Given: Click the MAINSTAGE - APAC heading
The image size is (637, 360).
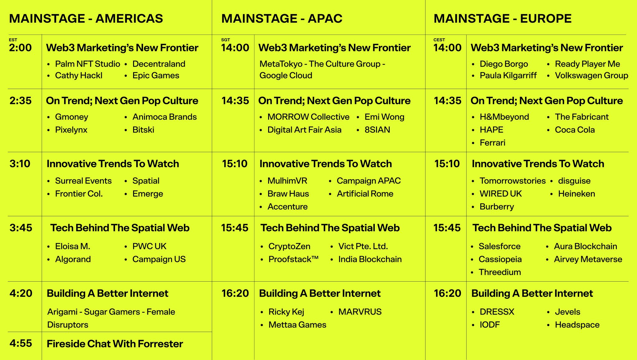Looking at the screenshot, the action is tap(282, 19).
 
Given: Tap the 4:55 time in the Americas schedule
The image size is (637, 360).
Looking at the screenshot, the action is tap(21, 343).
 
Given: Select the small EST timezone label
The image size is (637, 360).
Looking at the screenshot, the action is tap(13, 40).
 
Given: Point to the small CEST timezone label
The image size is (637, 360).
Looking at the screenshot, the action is tap(439, 40).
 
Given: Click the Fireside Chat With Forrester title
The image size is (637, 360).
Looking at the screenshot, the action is tap(115, 344).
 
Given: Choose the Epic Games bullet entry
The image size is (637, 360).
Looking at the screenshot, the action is tap(156, 76).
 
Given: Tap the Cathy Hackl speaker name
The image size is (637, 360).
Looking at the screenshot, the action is tap(79, 76).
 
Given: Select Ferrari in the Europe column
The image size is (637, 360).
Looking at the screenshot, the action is tap(492, 143).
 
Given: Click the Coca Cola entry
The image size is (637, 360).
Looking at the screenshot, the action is tap(575, 130).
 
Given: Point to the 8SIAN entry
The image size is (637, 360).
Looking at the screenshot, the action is tap(377, 130).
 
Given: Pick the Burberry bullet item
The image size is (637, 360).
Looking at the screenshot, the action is tap(497, 207).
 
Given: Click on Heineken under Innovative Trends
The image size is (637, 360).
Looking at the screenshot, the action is tap(576, 194).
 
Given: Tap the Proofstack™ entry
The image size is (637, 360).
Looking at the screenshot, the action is tap(294, 259).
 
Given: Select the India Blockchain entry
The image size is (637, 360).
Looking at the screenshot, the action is tap(370, 259).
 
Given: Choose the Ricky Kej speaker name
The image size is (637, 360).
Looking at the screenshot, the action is tap(286, 312).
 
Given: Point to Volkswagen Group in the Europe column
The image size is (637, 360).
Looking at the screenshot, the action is tap(592, 76).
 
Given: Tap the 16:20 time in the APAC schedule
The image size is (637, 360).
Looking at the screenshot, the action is tap(235, 293).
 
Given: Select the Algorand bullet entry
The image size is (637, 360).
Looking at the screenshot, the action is tap(73, 259).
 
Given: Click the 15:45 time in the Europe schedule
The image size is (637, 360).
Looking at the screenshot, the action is tap(447, 228).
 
